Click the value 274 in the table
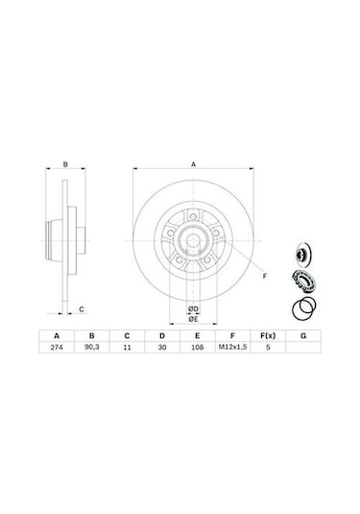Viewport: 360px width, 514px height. pyautogui.click(x=57, y=347)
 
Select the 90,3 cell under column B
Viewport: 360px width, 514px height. pyautogui.click(x=92, y=347)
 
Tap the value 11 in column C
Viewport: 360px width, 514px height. pyautogui.click(x=127, y=347)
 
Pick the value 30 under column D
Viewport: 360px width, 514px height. pyautogui.click(x=162, y=347)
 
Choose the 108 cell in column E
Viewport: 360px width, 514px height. pyautogui.click(x=197, y=347)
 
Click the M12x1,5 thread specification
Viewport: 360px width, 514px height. pyautogui.click(x=232, y=347)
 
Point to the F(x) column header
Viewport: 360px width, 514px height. pyautogui.click(x=268, y=336)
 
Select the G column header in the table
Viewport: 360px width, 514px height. pyautogui.click(x=303, y=336)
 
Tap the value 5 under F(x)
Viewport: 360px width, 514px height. pyautogui.click(x=268, y=347)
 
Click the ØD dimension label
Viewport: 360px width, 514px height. pyautogui.click(x=193, y=308)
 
